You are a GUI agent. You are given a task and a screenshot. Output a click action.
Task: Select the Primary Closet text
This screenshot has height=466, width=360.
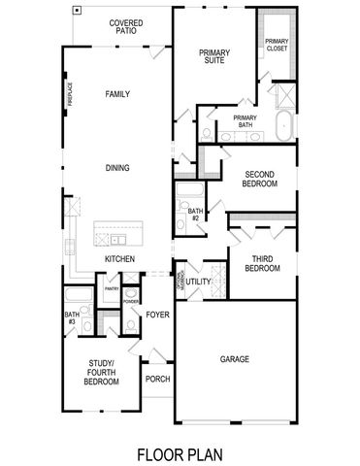point(277,45)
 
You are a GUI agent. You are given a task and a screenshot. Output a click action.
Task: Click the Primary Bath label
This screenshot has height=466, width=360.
point(244,121)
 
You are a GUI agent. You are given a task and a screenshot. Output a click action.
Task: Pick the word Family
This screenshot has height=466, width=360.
point(117,94)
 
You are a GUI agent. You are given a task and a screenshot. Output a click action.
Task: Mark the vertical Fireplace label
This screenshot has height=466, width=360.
point(71,94)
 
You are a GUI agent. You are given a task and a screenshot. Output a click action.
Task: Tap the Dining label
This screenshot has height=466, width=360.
point(117,168)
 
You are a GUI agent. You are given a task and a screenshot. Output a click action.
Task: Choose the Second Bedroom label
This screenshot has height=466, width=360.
point(261,179)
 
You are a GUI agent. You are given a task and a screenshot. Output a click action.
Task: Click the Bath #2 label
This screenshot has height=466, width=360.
point(195,215)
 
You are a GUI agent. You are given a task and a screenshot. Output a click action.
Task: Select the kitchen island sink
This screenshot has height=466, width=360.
point(117,239)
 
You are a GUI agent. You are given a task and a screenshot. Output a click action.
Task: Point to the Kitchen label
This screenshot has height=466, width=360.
point(119,258)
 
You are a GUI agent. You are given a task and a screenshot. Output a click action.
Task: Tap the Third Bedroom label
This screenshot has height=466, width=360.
point(261,263)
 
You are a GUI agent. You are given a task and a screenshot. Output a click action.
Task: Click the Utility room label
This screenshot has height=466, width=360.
point(198,282)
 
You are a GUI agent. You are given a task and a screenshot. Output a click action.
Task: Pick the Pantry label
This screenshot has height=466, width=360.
point(112,288)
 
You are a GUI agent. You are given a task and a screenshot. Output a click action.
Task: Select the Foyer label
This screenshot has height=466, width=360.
point(158,315)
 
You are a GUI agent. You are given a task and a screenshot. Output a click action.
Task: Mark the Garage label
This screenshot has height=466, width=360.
point(235,359)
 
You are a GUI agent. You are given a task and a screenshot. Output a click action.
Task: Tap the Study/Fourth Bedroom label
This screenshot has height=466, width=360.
point(101,375)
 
